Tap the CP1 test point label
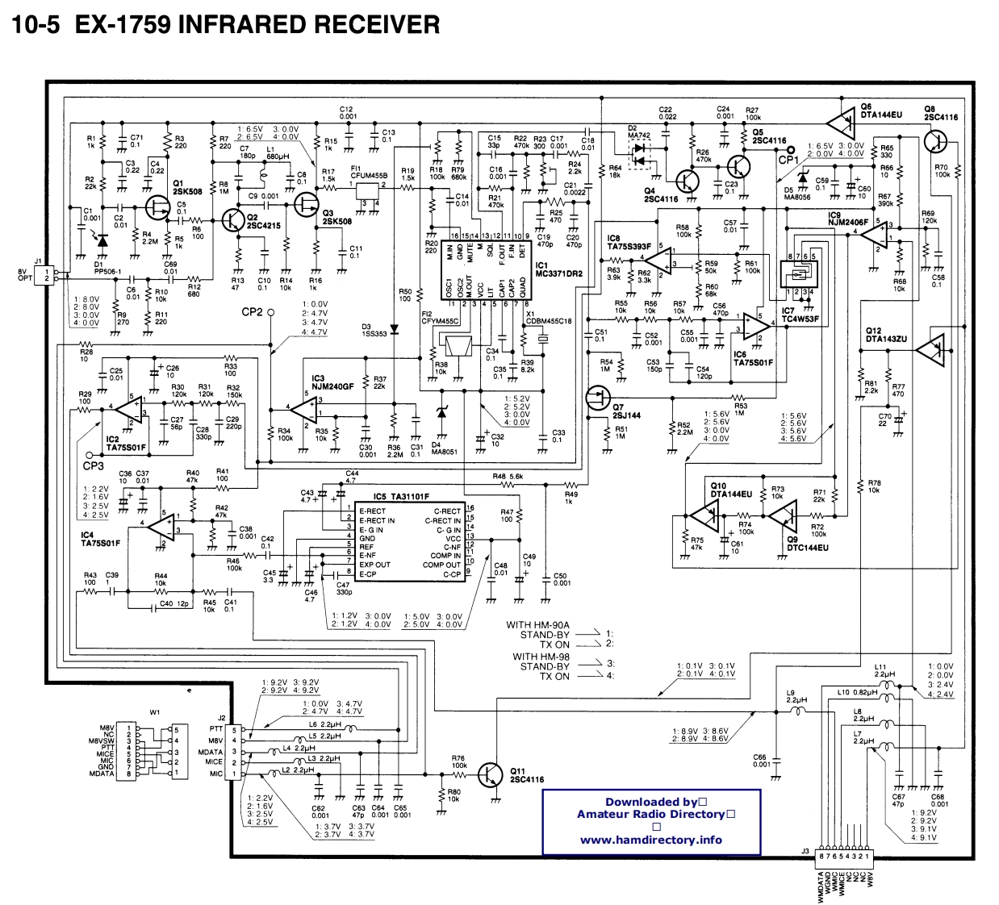788,160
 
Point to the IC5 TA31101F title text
401,497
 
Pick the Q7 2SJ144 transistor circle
598,397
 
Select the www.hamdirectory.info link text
650,840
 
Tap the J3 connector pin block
843,856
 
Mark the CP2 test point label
252,312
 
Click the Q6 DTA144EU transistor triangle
842,123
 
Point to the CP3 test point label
93,466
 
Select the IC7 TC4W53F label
799,315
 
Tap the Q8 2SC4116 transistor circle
936,142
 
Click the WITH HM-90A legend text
537,624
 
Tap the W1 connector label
155,712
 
